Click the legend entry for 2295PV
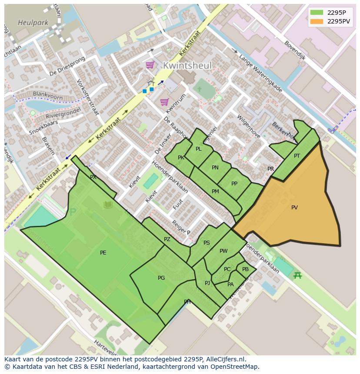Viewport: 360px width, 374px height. pos(339,21)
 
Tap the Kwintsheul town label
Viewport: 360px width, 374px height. pos(187,66)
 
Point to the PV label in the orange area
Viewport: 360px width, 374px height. pos(294,208)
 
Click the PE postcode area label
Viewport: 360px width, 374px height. pos(103,253)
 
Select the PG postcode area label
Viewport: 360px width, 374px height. pos(161,278)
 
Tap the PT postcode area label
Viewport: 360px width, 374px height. pos(297,156)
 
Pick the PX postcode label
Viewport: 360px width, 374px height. pos(93,177)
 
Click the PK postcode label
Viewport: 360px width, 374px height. pos(181,158)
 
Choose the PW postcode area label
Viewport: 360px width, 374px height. pos(223,251)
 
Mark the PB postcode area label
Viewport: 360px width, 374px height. pos(245,269)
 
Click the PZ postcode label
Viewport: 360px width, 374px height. pos(167,239)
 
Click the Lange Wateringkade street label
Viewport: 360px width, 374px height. pos(260,74)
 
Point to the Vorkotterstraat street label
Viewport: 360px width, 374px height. pos(87,97)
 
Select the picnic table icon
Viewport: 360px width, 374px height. pos(298,275)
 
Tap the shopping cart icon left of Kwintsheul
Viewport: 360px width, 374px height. pos(150,65)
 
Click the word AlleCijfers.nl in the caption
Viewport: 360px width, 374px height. pos(226,359)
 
